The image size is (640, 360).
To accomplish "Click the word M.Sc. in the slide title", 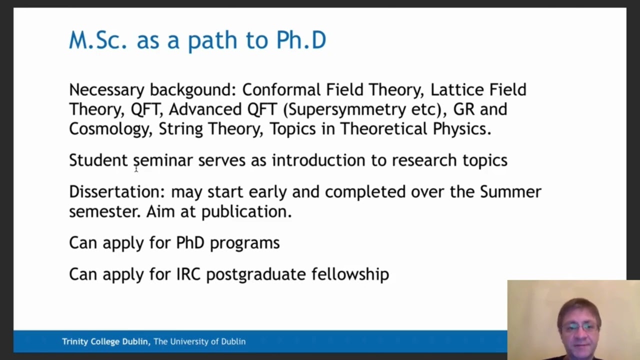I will coord(97,40).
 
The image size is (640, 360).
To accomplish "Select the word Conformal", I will coord(281,90).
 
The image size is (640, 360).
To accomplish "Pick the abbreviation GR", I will coord(464,109).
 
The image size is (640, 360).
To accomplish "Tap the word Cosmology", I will coord(109,129).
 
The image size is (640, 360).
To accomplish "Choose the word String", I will coord(180,129).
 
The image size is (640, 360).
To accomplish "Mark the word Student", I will coord(98,160).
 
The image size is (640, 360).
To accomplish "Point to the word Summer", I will coord(510,192).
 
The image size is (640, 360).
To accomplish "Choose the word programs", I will coord(244,243).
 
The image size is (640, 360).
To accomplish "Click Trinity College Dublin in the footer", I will coord(105,341).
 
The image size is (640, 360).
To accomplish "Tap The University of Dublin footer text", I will coord(199,341).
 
